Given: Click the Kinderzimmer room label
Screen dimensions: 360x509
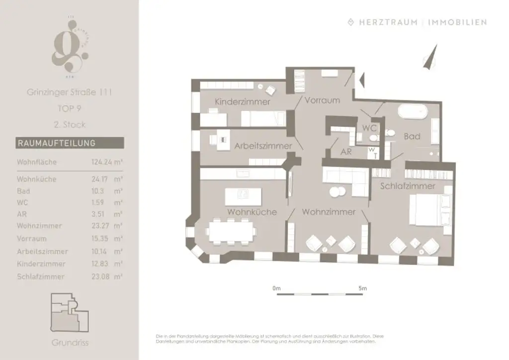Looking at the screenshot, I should click(242, 102).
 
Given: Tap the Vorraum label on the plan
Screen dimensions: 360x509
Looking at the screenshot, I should click(322, 100).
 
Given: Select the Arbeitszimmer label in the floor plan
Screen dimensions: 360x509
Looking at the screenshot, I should click(263, 146).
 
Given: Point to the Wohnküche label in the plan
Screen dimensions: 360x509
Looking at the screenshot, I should click(252, 212).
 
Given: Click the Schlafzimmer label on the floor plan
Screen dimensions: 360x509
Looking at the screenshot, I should click(408, 186).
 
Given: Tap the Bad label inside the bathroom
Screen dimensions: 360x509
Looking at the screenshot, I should click(412, 136).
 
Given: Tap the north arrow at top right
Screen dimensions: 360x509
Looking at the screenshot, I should click(431, 56).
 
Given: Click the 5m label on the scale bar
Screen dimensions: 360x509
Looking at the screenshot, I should click(362, 288).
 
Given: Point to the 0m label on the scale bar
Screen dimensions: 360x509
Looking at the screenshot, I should click(276, 288).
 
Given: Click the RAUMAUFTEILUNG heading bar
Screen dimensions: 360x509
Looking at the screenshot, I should click(70, 143).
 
